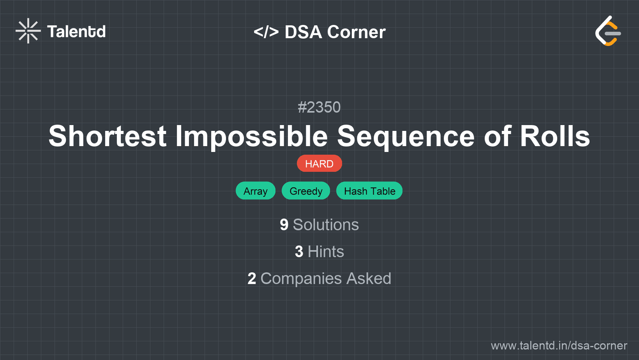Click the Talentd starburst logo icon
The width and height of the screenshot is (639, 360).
pyautogui.click(x=28, y=31)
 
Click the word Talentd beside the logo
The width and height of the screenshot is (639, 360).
pyautogui.click(x=76, y=32)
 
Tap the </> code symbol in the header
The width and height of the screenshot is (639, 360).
pyautogui.click(x=266, y=32)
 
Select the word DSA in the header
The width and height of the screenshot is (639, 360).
pyautogui.click(x=303, y=32)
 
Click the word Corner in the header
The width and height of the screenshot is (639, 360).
pyautogui.click(x=356, y=32)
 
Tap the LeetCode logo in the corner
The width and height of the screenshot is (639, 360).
pyautogui.click(x=608, y=31)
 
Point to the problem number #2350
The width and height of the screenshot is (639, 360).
pyautogui.click(x=319, y=107)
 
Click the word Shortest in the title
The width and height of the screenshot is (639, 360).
pyautogui.click(x=108, y=136)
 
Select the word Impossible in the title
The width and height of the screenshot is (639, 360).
pyautogui.click(x=252, y=136)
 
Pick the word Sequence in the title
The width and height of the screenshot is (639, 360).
pyautogui.click(x=406, y=136)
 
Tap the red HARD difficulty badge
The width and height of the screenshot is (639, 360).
pyautogui.click(x=319, y=164)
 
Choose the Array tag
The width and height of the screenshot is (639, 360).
pyautogui.click(x=256, y=191)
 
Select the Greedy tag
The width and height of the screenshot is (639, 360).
pyautogui.click(x=306, y=191)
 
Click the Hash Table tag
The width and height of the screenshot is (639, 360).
pyautogui.click(x=369, y=191)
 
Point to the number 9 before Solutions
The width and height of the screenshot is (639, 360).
pyautogui.click(x=284, y=225)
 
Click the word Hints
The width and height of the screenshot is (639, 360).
pyautogui.click(x=326, y=252)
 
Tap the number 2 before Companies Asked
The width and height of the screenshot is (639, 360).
pyautogui.click(x=252, y=279)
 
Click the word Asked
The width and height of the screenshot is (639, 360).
pyautogui.click(x=369, y=279)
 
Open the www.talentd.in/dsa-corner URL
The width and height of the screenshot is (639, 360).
pyautogui.click(x=559, y=346)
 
